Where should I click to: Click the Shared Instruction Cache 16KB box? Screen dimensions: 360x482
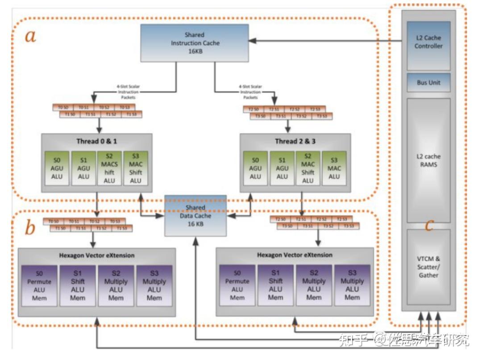(x=195, y=43)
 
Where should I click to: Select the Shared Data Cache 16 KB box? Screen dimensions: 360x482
(x=195, y=216)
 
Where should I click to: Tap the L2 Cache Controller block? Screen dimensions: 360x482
(x=428, y=42)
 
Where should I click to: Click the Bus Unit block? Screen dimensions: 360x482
(x=428, y=83)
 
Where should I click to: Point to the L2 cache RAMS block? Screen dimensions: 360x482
(x=428, y=160)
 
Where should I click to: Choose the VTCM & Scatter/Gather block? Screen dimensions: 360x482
(x=428, y=267)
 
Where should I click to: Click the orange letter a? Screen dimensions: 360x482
(x=30, y=36)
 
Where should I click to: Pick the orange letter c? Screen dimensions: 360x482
(x=429, y=225)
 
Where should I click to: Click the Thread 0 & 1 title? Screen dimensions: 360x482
(x=96, y=142)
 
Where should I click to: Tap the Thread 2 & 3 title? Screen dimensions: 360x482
(x=295, y=142)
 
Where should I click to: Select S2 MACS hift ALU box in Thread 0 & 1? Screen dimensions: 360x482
(x=109, y=168)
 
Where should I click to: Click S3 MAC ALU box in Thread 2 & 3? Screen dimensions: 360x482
(x=334, y=168)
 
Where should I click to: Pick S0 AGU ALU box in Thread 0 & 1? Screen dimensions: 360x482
(x=57, y=168)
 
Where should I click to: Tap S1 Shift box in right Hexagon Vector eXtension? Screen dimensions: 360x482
(x=275, y=285)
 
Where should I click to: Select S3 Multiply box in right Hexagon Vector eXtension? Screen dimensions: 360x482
(x=352, y=285)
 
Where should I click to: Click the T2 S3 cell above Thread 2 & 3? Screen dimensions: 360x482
(x=315, y=109)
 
